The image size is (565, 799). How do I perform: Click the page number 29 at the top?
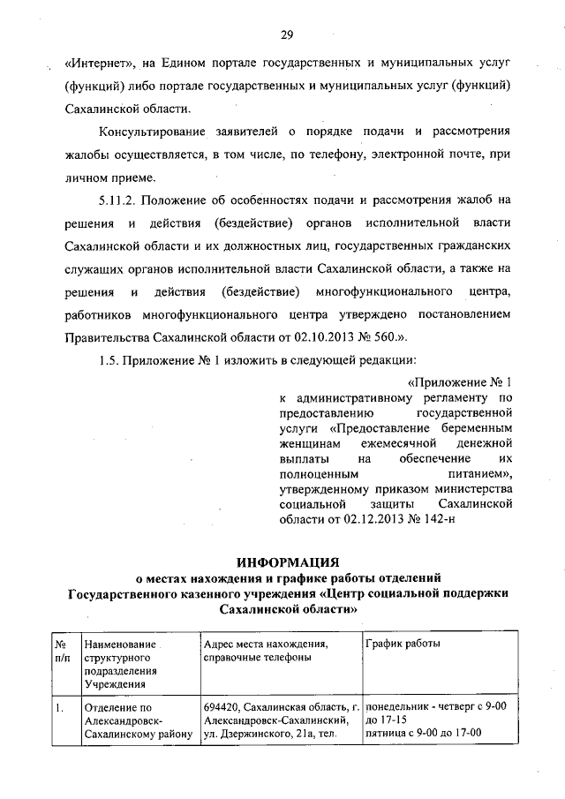(x=287, y=35)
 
